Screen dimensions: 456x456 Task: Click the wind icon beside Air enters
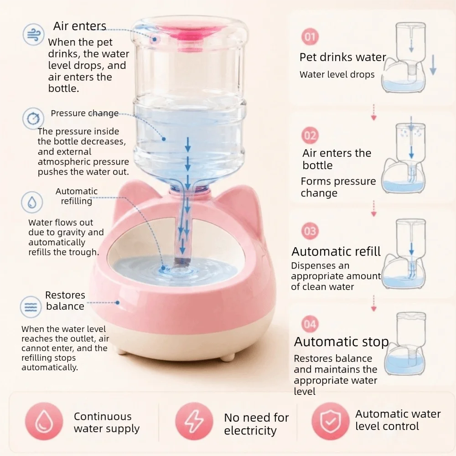coord(33,34)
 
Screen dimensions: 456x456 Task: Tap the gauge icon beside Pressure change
coord(33,119)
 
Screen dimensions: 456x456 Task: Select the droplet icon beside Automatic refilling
coord(32,202)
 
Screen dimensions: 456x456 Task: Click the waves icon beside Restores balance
coord(31,306)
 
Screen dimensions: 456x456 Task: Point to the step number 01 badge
coord(310,36)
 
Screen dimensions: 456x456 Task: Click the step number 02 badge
coord(310,135)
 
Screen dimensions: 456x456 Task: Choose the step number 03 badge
coord(310,231)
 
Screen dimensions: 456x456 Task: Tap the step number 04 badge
coord(310,324)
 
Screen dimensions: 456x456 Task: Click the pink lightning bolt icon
coord(194,421)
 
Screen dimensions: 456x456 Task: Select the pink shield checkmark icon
coord(330,421)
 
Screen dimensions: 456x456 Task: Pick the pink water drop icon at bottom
coord(44,421)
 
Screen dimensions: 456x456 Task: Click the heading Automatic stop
coord(341,342)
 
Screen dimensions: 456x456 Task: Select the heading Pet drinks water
coord(342,57)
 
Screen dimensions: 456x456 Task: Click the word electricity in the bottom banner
coord(250,431)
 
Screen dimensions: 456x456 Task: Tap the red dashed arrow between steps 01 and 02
coord(374,112)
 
